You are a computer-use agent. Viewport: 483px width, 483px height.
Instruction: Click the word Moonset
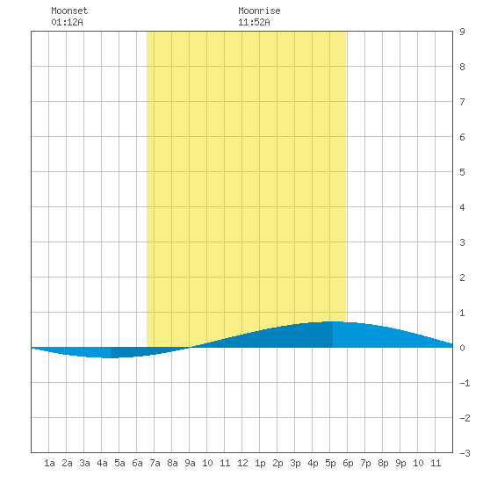[69, 11]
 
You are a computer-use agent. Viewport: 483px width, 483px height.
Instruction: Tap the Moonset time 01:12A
[67, 22]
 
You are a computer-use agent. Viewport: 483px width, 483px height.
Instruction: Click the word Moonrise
[259, 11]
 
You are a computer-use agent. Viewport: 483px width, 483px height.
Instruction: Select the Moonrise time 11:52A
[254, 22]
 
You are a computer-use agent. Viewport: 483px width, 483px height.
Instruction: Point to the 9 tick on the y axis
[462, 32]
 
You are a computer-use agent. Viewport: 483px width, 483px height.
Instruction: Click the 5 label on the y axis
[462, 172]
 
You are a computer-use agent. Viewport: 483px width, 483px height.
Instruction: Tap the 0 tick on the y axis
[462, 348]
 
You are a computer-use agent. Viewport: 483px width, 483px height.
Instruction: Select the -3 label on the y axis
[465, 453]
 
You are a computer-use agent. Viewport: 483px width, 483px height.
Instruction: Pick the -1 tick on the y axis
[465, 383]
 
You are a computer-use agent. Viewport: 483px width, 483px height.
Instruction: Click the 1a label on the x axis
[49, 463]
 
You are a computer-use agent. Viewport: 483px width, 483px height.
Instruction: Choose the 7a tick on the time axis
[155, 463]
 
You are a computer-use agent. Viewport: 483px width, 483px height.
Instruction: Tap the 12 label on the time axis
[242, 463]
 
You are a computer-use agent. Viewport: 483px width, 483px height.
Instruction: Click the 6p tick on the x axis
[348, 463]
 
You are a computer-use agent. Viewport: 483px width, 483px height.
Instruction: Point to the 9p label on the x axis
[400, 463]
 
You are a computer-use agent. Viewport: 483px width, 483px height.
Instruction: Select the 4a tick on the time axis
[102, 463]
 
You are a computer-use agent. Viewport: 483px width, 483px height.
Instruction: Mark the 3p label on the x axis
[295, 463]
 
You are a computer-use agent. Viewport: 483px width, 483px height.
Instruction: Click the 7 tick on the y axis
[462, 102]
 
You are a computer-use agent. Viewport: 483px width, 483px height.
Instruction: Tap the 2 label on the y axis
[462, 278]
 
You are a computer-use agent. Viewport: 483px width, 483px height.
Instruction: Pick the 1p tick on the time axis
[260, 463]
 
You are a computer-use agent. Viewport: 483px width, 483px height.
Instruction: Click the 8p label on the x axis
[383, 463]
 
